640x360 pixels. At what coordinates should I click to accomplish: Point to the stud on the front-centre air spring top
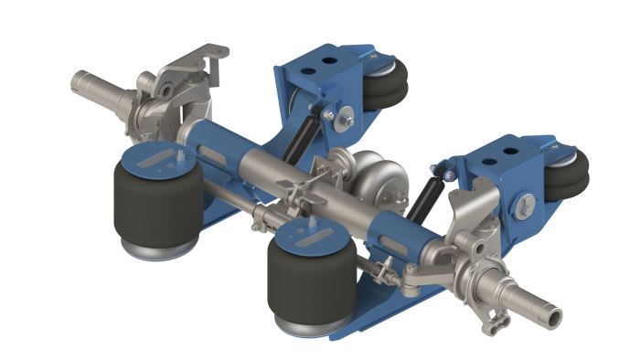pos(315,223)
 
